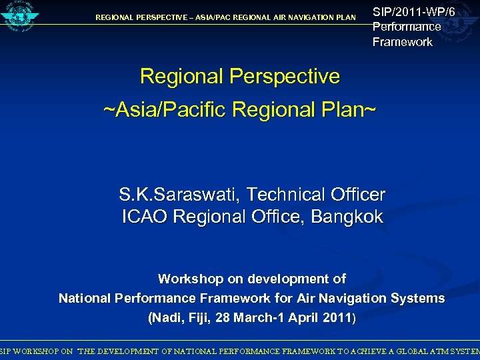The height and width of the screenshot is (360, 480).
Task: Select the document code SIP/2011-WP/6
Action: pos(413,11)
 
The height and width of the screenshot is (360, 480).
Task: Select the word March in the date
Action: pos(263,318)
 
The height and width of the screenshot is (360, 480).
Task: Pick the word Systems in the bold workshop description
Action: pos(419,298)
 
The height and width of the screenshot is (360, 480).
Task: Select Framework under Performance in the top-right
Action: pos(403,42)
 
